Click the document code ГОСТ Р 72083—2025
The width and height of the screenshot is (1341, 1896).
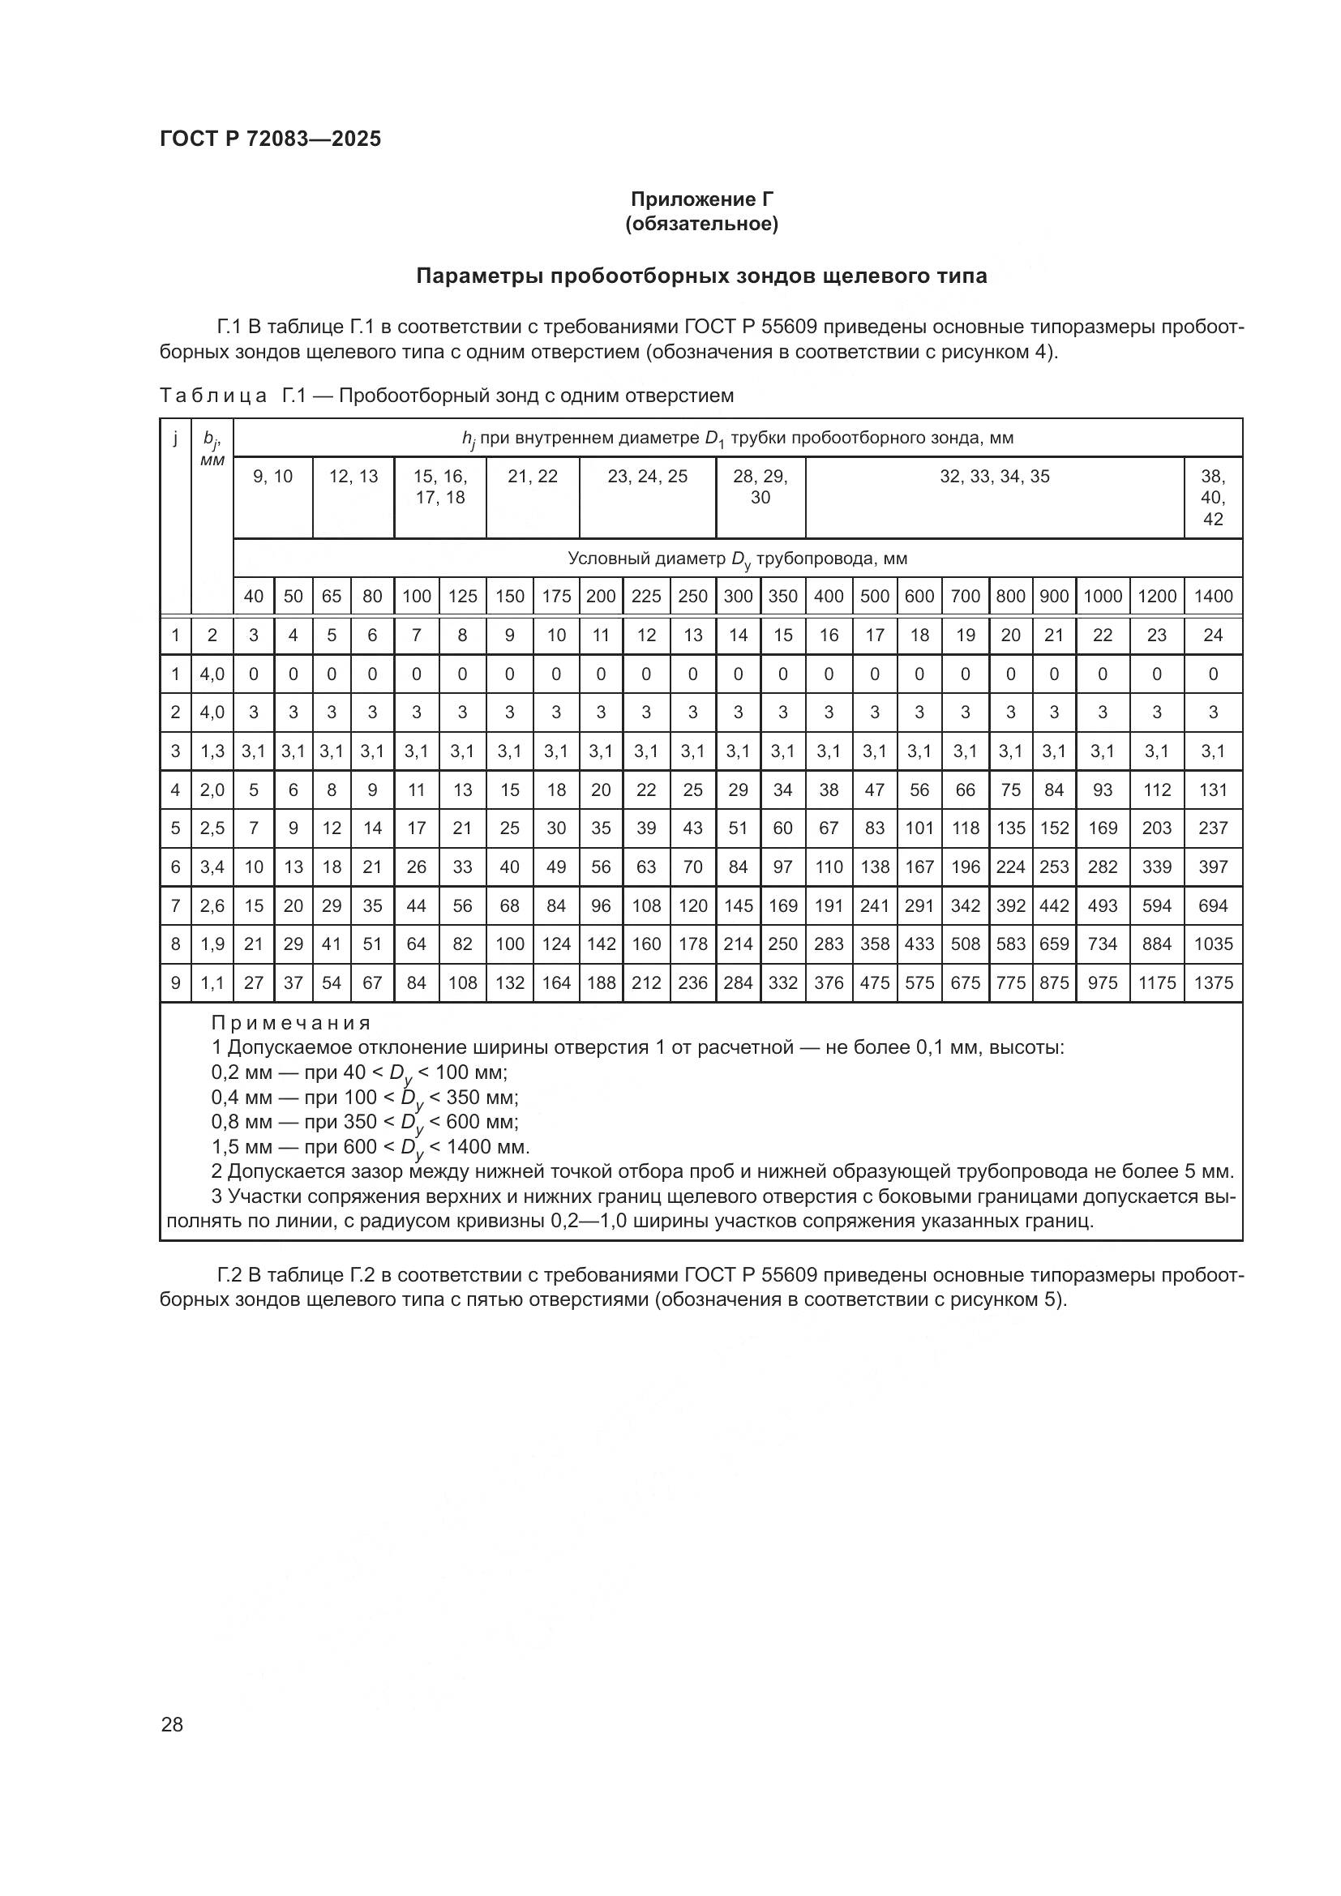tap(270, 139)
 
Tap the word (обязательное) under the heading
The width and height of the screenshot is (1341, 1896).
tap(702, 224)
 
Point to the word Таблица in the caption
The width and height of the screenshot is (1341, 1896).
tap(213, 396)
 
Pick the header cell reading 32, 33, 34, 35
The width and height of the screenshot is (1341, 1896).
tap(994, 477)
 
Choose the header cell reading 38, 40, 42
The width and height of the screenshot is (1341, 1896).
tap(1212, 497)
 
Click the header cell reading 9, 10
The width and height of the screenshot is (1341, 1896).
tap(272, 477)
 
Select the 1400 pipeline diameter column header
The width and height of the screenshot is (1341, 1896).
tap(1212, 597)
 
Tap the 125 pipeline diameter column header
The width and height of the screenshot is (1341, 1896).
tap(462, 597)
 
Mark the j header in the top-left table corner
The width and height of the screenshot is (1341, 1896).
tap(175, 438)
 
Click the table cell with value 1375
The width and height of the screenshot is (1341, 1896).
tap(1212, 982)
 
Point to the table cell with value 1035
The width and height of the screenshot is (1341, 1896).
tap(1212, 944)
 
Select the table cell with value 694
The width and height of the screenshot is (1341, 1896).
tap(1212, 906)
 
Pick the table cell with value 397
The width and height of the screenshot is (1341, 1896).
tap(1212, 867)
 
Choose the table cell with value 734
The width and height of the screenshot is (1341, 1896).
tap(1103, 944)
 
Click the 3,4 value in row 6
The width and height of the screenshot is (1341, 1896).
tap(212, 867)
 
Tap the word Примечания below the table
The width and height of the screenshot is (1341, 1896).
tap(291, 1023)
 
